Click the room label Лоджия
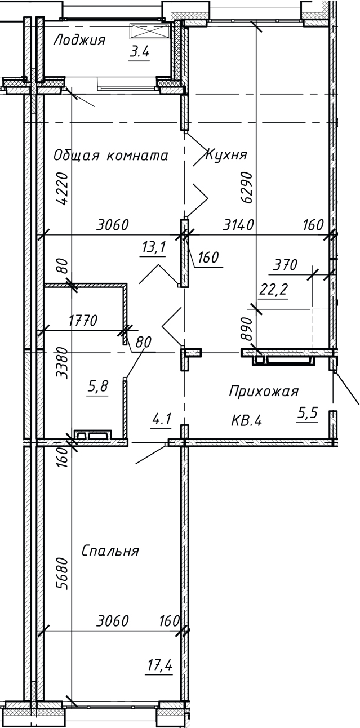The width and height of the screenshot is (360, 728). [x=79, y=40]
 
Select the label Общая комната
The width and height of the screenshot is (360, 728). [x=111, y=156]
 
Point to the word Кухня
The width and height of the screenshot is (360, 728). [x=226, y=154]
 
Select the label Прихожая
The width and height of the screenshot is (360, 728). [x=264, y=391]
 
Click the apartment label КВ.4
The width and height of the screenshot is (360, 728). [x=247, y=420]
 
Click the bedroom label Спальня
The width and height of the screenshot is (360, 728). [x=110, y=550]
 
